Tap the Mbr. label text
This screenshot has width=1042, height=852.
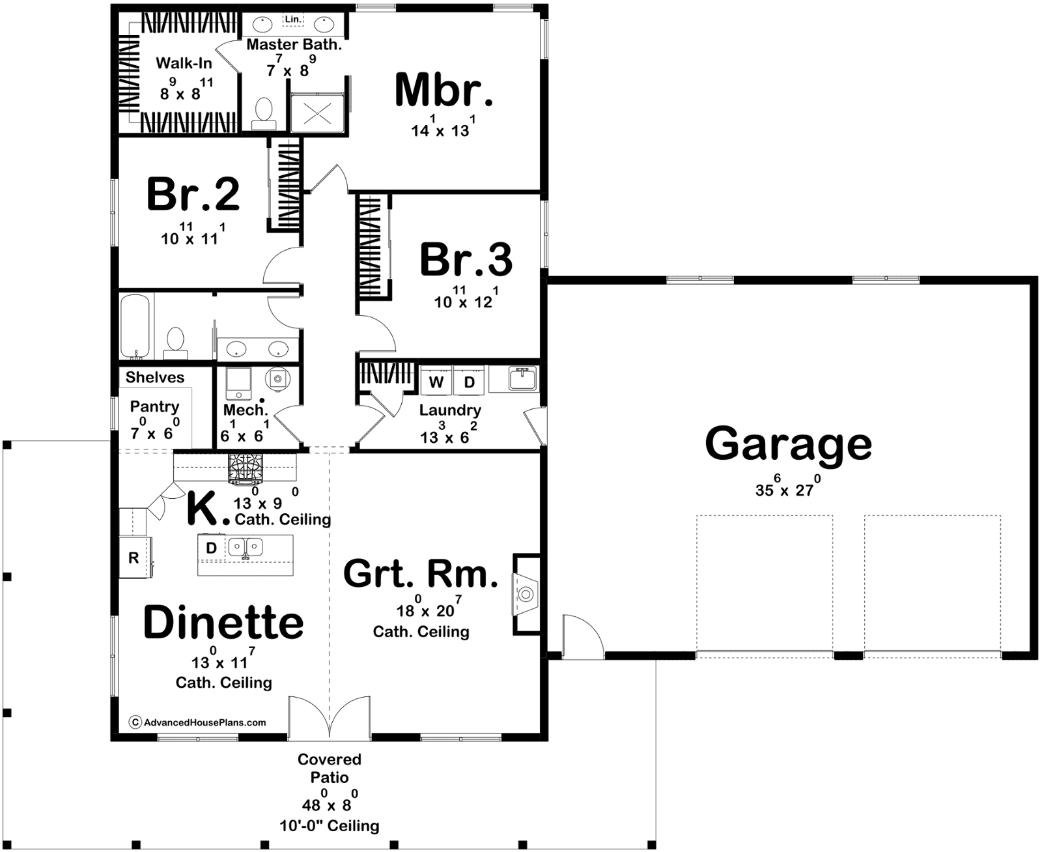coord(444,90)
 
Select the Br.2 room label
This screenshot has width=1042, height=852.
coord(193,194)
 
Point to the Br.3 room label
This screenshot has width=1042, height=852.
coord(466,259)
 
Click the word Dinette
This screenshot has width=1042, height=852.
coord(223,622)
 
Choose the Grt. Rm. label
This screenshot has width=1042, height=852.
coord(421,574)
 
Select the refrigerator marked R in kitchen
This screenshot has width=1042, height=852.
coord(135,557)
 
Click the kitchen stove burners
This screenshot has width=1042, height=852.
coord(245,468)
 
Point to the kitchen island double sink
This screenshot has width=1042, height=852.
coord(245,547)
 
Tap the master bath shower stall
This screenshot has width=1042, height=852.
coord(317,113)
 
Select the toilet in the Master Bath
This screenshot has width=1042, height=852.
coord(264,113)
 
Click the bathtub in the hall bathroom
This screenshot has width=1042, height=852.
coord(134,327)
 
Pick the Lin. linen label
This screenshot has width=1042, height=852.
coord(293,20)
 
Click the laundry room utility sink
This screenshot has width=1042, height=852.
coord(522,378)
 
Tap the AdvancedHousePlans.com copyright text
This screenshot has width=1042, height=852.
coord(198,722)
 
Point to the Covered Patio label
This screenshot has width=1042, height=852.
coord(330,768)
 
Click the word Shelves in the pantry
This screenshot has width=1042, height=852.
coord(154,377)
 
